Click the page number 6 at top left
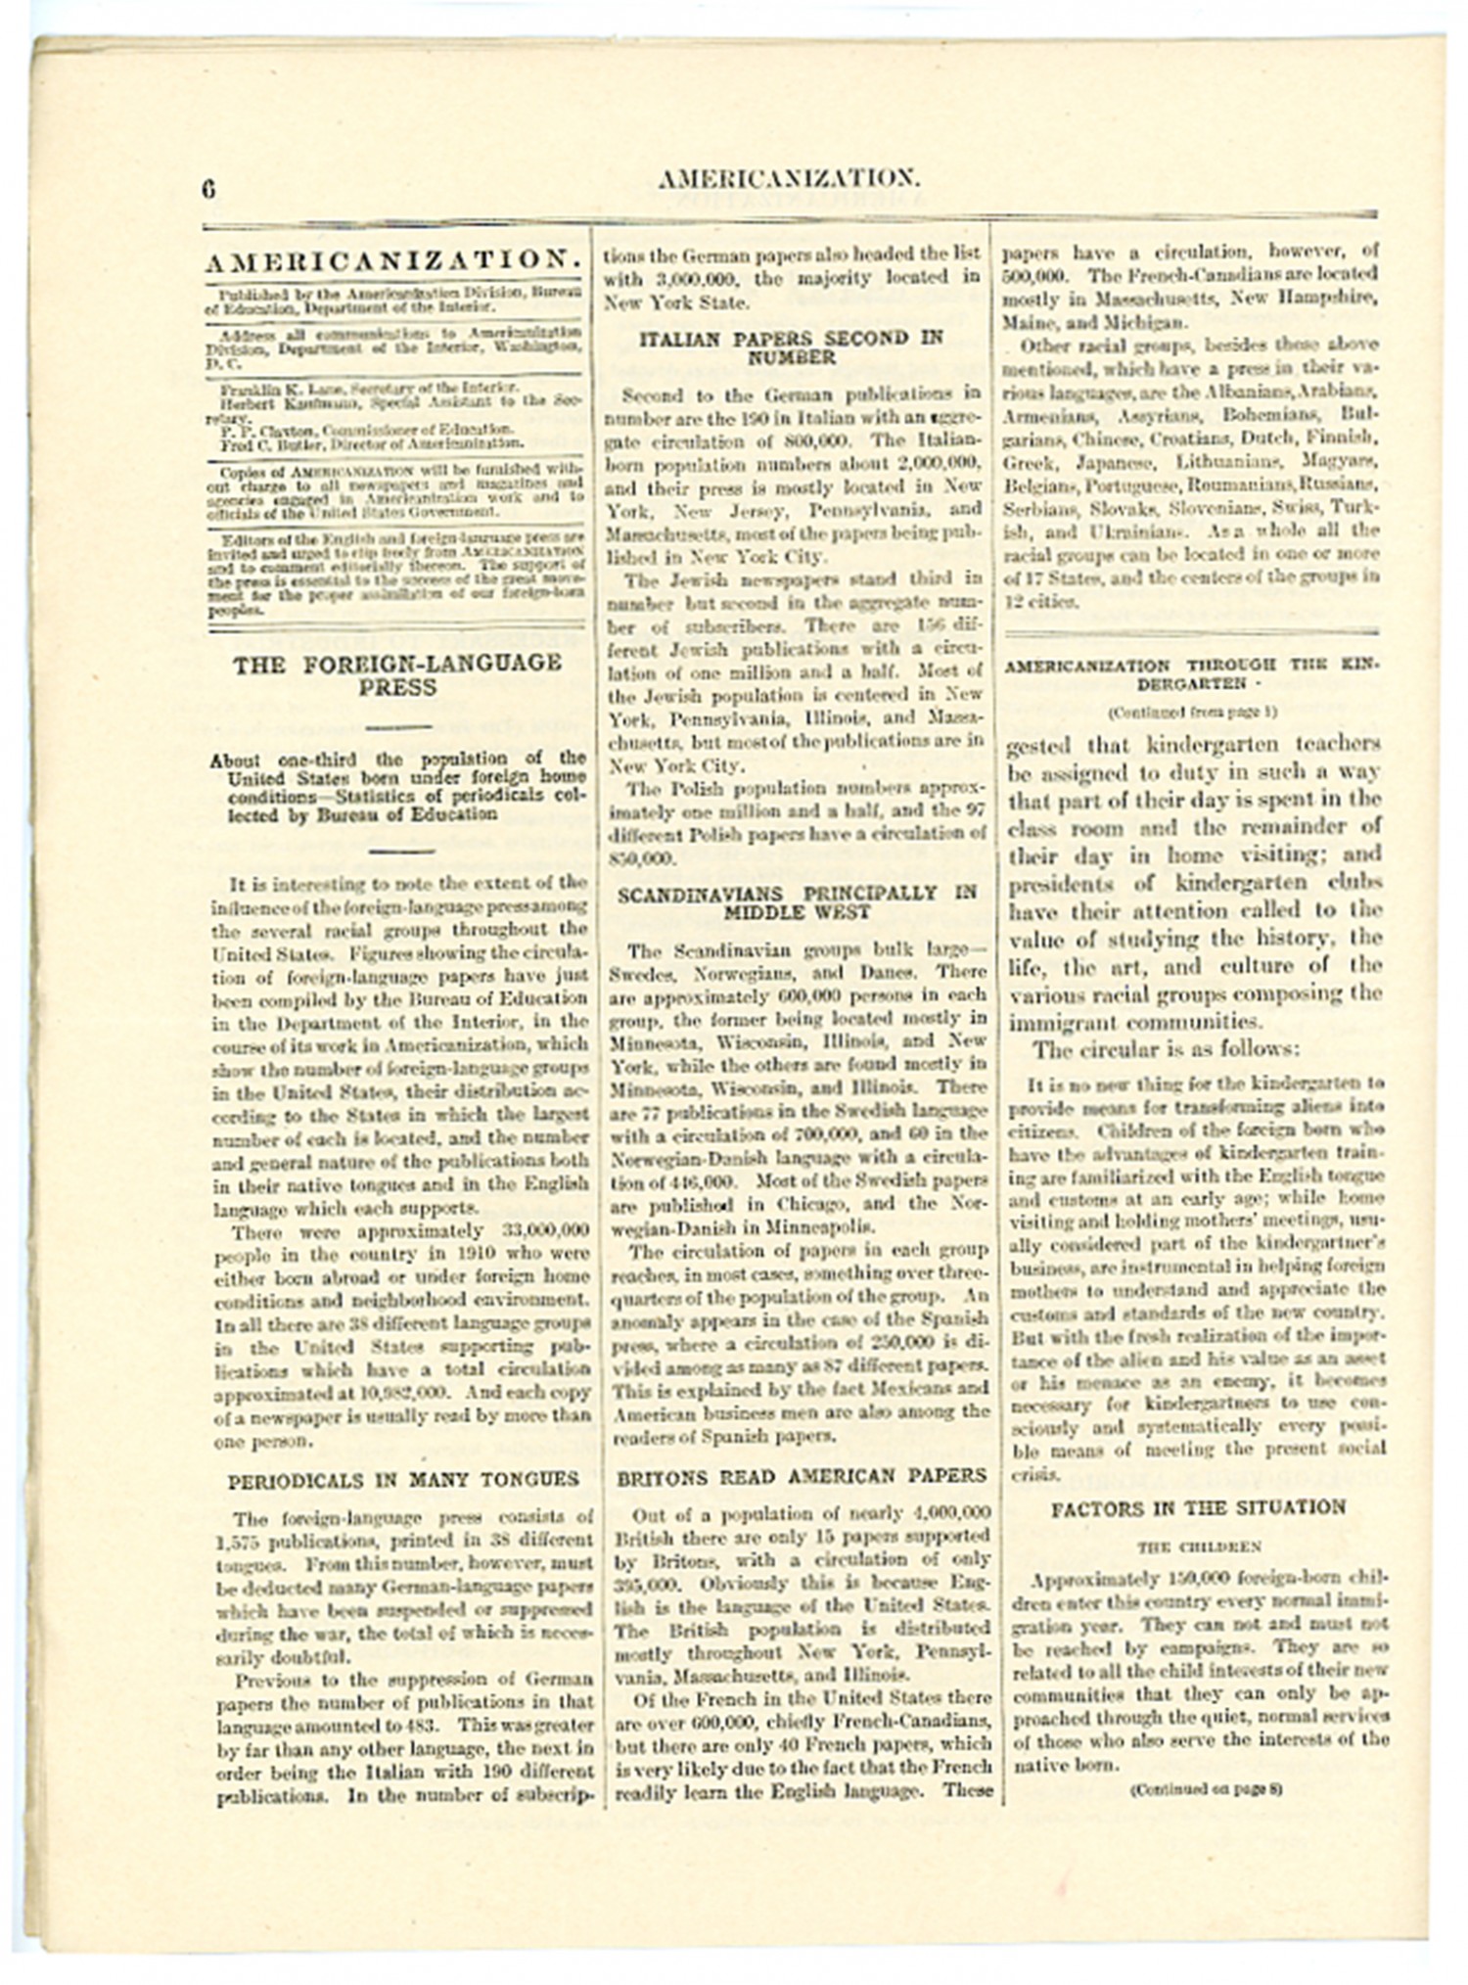[x=208, y=189]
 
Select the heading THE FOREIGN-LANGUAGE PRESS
[x=397, y=675]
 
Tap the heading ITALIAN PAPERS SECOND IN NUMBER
[x=791, y=347]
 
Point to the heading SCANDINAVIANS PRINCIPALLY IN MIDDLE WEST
[x=797, y=902]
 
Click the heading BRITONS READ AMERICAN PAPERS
[x=802, y=1476]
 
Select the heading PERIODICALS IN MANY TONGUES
[x=403, y=1481]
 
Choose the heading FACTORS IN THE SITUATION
[x=1198, y=1508]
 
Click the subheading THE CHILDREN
[x=1198, y=1546]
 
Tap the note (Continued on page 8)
[x=1206, y=1789]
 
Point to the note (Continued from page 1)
[x=1192, y=713]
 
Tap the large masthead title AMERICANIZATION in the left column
[x=394, y=260]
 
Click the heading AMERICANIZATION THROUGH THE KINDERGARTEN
[x=1191, y=674]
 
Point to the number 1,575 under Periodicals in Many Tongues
[x=234, y=1541]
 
